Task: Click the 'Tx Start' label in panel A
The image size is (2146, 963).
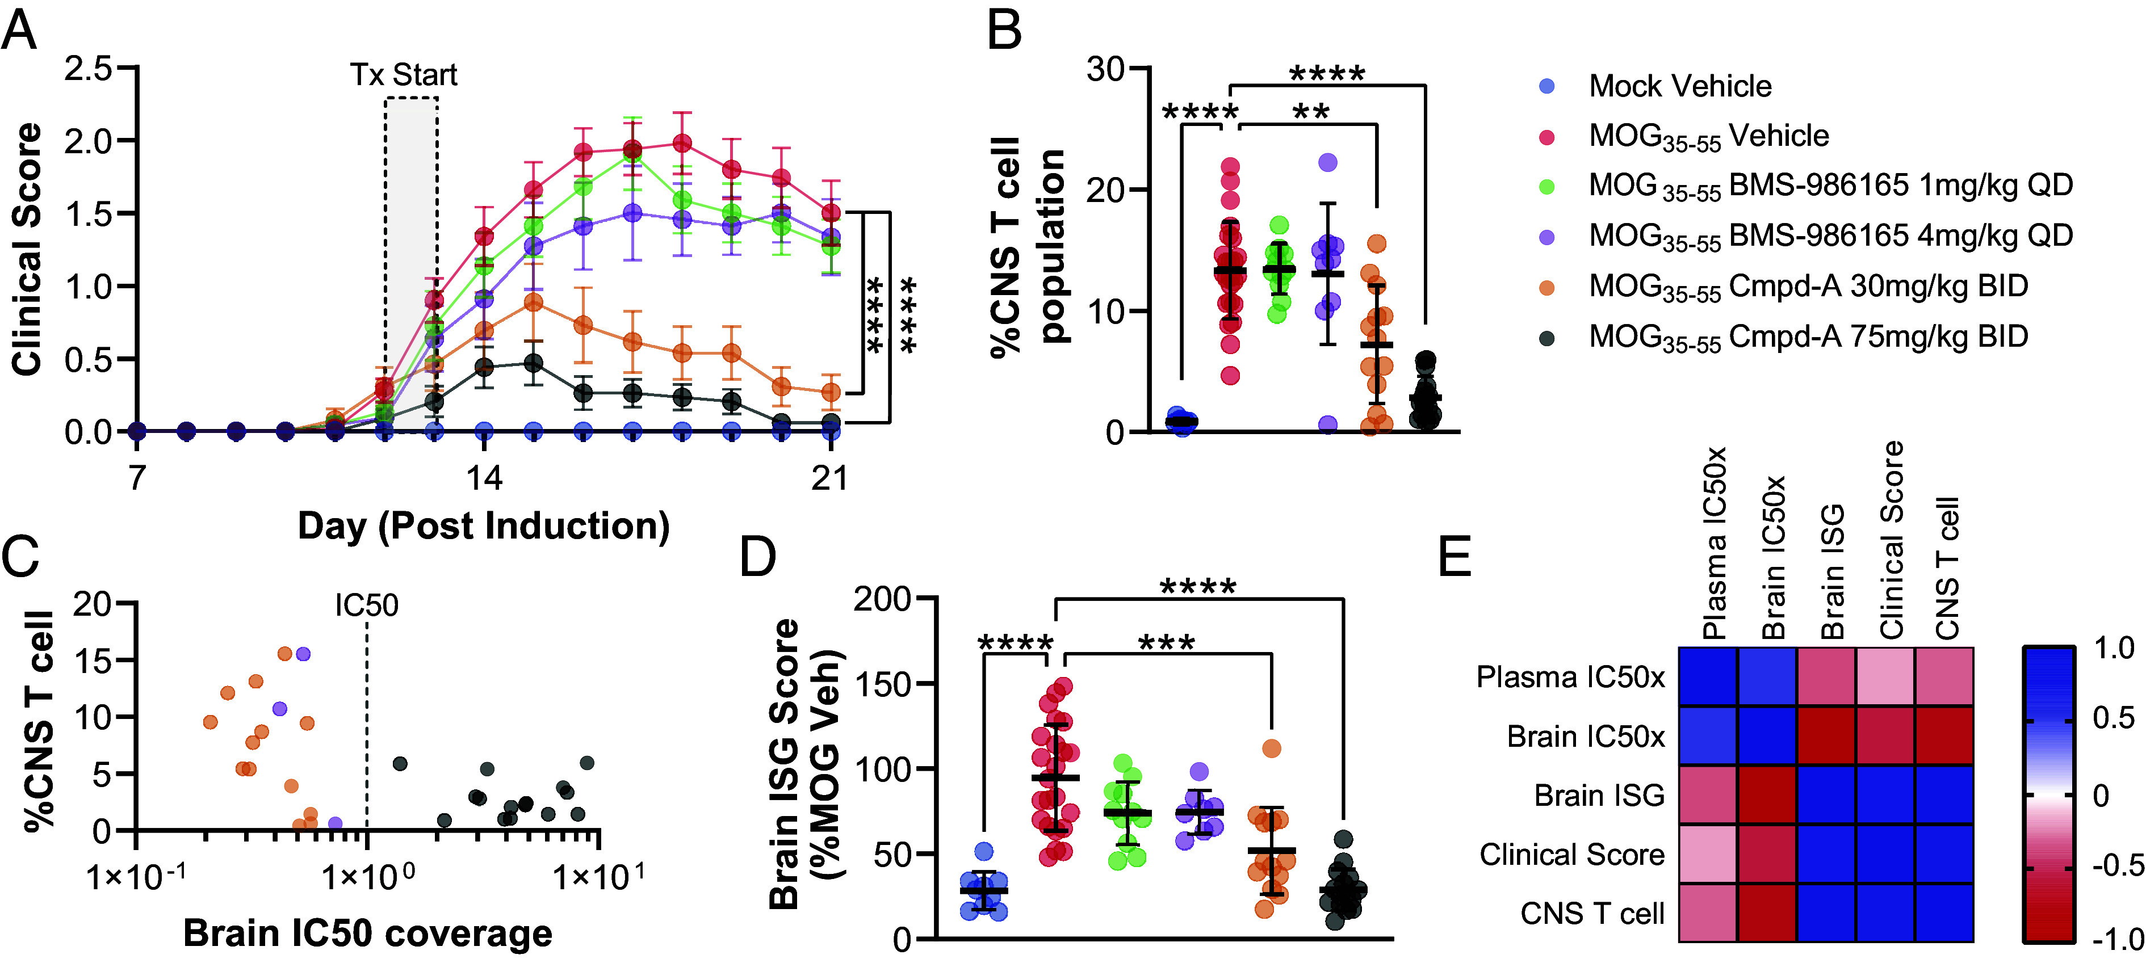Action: point(403,75)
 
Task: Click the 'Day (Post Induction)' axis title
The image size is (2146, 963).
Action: point(483,525)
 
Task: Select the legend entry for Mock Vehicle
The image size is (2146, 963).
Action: point(1679,86)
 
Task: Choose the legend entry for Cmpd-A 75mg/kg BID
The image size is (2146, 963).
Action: point(1808,337)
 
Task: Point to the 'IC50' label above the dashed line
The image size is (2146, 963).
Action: point(367,605)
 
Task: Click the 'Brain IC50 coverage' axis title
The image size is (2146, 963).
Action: point(367,933)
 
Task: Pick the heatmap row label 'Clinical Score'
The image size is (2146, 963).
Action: point(1571,855)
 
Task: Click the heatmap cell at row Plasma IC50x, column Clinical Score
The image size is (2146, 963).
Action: point(1885,676)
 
